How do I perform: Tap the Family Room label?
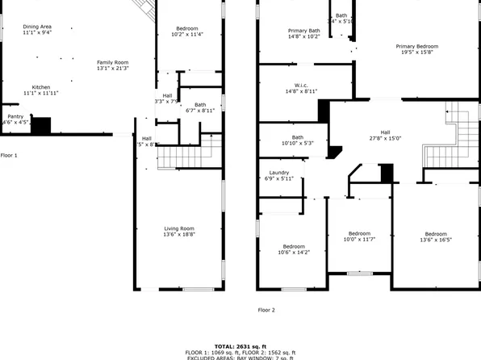coord(113,62)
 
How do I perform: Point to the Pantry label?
coord(15,116)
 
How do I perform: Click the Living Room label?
coord(178,228)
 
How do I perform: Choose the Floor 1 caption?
coord(8,154)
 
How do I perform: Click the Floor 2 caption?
coord(266,309)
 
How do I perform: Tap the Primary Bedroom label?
coord(417,46)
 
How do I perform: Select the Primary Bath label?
coord(304,31)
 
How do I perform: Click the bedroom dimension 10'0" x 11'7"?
coord(359,239)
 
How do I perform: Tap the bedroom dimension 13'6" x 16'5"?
coord(436,239)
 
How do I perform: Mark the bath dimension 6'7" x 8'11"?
coord(199,110)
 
